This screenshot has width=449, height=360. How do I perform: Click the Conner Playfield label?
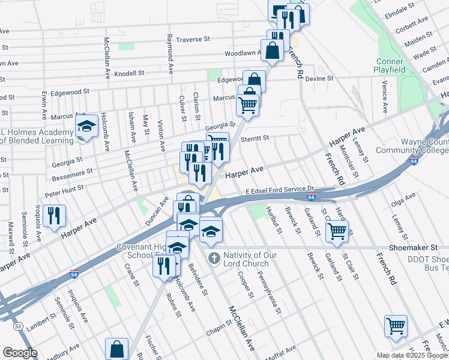(x=391, y=65)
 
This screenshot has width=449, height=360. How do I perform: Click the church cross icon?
(x=214, y=259)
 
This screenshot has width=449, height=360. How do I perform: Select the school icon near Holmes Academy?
(x=86, y=127)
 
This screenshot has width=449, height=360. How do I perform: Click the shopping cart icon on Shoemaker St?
(x=337, y=231)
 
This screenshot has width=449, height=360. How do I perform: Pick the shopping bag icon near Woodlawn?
(x=272, y=50)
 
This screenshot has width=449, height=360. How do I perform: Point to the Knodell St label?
(x=130, y=73)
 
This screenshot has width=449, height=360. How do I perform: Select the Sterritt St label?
(x=256, y=138)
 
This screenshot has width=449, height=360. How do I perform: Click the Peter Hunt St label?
(x=64, y=190)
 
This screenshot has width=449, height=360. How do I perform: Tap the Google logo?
(x=20, y=353)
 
